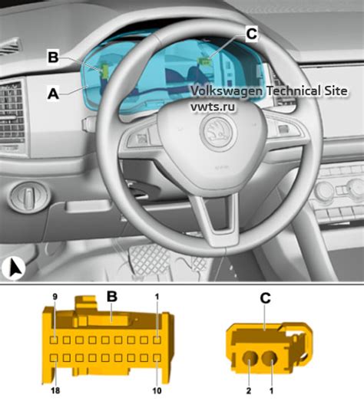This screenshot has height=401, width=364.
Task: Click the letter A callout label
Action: point(53,94)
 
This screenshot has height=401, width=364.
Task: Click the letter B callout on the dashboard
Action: point(53,58)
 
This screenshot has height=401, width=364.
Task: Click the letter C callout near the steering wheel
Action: point(251,34)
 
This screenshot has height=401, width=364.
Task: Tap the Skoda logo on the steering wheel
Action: point(219,132)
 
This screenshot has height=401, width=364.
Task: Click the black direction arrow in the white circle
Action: point(15,268)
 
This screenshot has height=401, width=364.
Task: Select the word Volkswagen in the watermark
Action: point(227,91)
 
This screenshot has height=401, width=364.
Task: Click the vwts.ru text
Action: point(213,107)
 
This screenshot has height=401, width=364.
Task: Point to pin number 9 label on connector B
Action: point(55,297)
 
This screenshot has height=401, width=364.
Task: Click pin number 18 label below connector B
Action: point(55,390)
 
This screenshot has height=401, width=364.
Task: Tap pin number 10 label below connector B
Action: point(157,390)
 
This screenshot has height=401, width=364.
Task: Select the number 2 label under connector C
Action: point(249,391)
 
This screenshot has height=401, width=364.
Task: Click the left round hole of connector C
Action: point(249,358)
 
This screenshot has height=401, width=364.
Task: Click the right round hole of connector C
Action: point(270,358)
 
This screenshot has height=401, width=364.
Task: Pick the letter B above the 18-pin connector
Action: point(111,297)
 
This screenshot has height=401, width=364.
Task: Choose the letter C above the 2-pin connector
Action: point(265,298)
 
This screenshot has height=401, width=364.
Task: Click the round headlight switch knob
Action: point(28,198)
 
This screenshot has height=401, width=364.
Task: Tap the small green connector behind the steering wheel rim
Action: point(205,61)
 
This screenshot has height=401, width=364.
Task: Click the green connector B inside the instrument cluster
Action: point(104,71)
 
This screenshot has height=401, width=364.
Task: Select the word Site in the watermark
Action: point(337,90)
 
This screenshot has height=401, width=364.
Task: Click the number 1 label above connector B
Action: point(157,297)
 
